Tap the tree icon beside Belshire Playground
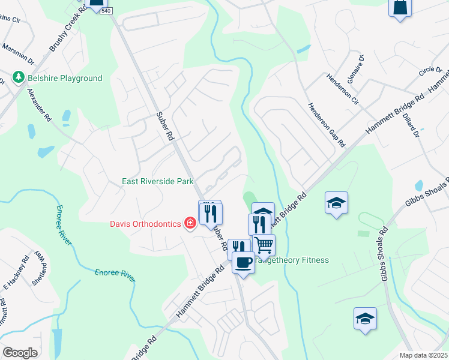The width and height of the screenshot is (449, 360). [18, 78]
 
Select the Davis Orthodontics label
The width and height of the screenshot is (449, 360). [145, 224]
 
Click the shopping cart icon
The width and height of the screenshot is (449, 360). [264, 245]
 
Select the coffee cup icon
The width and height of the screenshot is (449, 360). [243, 262]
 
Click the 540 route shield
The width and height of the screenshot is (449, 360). [106, 10]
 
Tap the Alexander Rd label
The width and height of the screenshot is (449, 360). [39, 106]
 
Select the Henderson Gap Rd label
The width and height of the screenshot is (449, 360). [327, 125]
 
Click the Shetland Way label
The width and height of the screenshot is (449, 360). [39, 267]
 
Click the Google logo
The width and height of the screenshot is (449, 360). [20, 353]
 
